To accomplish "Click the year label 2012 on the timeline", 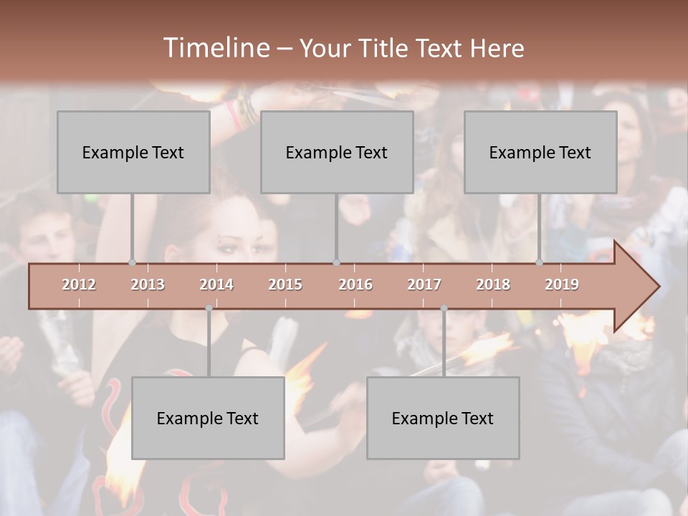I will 79,285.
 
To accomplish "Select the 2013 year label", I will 148,285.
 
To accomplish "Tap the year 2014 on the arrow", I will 216,285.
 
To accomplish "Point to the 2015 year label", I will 285,285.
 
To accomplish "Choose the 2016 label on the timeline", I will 355,285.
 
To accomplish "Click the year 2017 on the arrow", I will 424,285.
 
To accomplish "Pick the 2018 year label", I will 493,285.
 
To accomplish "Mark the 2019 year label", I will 562,285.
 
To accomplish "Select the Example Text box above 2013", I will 133,152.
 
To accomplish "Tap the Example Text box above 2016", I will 337,152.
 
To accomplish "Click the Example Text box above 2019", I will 540,152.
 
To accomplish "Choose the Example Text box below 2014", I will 208,418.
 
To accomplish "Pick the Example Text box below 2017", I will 443,418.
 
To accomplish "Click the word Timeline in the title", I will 215,48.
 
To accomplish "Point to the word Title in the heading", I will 388,48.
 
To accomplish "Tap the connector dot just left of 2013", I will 132,263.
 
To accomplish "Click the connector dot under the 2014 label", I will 209,308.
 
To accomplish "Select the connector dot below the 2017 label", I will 444,308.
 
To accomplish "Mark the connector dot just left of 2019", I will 539,263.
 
